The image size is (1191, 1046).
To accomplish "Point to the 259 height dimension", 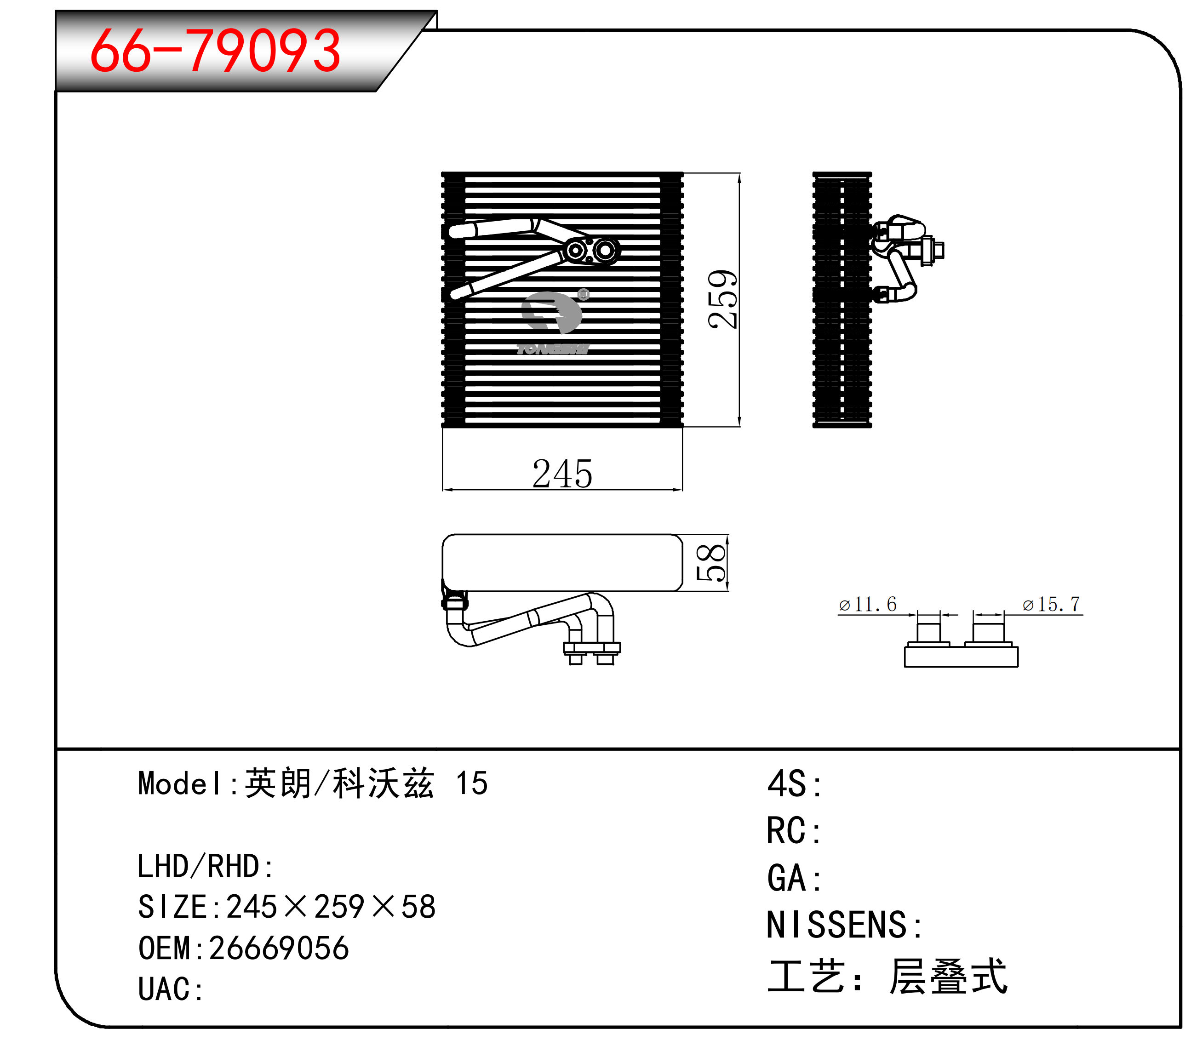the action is pyautogui.click(x=722, y=299).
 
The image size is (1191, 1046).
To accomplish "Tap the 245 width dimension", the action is pyautogui.click(x=562, y=473).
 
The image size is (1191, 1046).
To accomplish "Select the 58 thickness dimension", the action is pyautogui.click(x=711, y=563).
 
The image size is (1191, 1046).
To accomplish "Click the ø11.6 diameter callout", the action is pyautogui.click(x=868, y=604).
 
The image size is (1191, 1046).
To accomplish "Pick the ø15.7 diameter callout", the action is pyautogui.click(x=1052, y=604).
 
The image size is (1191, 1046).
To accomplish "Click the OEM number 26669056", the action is pyautogui.click(x=279, y=948).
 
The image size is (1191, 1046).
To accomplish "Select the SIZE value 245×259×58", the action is pyautogui.click(x=331, y=907).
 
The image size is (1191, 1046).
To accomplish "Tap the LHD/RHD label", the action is pyautogui.click(x=205, y=866).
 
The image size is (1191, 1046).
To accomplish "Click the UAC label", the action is pyautogui.click(x=170, y=989).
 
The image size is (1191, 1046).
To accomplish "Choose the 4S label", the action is pyautogui.click(x=794, y=784).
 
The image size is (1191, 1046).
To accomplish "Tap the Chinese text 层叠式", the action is pyautogui.click(x=948, y=977).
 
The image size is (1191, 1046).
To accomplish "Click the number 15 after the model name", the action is pyautogui.click(x=472, y=783).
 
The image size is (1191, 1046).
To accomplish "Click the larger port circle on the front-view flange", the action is pyautogui.click(x=606, y=251).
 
